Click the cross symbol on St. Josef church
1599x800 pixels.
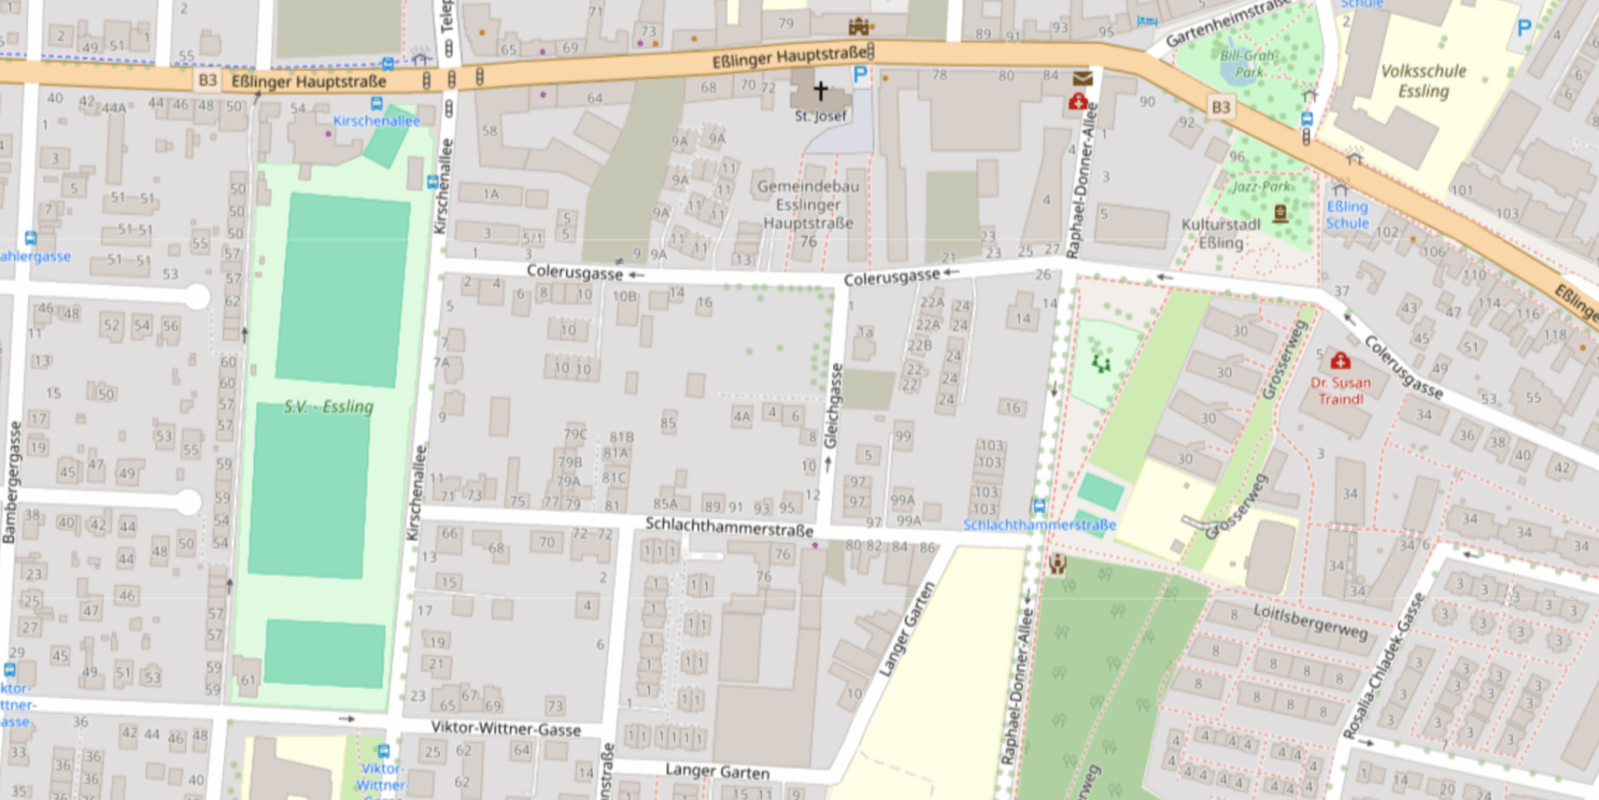[x=820, y=91]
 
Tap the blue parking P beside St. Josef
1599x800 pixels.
[x=860, y=75]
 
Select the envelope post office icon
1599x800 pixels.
[x=1083, y=79]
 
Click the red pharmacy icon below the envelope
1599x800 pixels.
[x=1078, y=101]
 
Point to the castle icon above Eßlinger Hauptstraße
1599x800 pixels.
[x=858, y=26]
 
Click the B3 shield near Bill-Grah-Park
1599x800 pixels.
[x=1220, y=107]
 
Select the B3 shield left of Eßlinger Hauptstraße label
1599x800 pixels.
[x=207, y=80]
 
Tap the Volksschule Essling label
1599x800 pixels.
[x=1422, y=80]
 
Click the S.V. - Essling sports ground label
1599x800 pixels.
[x=329, y=407]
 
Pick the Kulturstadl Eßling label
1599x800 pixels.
[x=1221, y=234]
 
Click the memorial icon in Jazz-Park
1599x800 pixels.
[x=1281, y=212]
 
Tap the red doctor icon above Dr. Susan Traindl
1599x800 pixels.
[x=1340, y=361]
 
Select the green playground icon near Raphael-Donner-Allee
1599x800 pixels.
[x=1101, y=363]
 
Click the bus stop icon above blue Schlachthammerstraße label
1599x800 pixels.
[x=1039, y=506]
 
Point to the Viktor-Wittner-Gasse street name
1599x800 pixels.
[x=505, y=728]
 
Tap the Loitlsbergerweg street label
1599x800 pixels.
[x=1309, y=621]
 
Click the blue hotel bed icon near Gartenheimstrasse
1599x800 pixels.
[x=1147, y=21]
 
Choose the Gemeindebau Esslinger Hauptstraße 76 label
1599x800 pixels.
[x=808, y=213]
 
